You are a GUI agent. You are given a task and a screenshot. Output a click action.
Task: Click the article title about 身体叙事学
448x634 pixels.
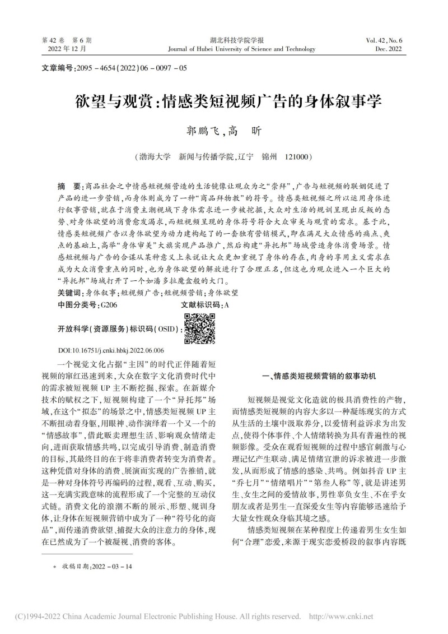[x=224, y=103]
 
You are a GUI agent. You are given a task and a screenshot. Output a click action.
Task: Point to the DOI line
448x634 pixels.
[x=111, y=348]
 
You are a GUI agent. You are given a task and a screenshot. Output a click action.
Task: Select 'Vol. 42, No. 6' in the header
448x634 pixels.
[x=388, y=41]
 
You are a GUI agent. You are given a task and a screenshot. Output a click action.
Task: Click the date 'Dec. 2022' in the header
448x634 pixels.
[x=391, y=49]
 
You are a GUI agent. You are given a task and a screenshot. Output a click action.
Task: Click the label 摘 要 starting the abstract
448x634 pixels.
[x=68, y=186]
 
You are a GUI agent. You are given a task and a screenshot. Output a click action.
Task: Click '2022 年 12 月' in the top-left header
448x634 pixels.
[x=67, y=49]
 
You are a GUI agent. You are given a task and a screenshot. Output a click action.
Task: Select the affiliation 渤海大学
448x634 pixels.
[x=150, y=158]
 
